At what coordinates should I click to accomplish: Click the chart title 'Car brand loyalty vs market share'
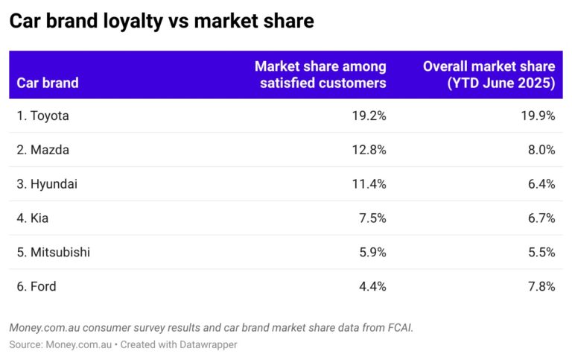click(161, 22)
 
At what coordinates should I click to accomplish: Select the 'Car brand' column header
click(47, 83)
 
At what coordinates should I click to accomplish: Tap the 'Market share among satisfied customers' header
click(320, 75)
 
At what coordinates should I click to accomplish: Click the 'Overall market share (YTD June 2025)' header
click(489, 75)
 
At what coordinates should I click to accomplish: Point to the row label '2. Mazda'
click(42, 150)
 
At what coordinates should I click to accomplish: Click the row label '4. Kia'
click(34, 218)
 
